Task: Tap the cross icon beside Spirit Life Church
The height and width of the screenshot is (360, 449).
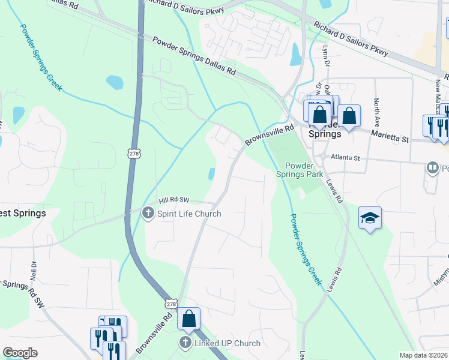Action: point(148,213)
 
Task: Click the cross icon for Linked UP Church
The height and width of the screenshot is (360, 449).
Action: point(185,343)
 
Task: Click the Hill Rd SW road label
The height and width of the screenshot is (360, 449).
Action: point(173,200)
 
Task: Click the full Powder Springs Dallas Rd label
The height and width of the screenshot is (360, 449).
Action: point(193,56)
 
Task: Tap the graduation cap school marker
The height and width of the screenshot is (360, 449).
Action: point(370,218)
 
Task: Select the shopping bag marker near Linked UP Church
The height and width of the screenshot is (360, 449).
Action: point(188,319)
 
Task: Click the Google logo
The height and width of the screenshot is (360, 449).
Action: point(20,353)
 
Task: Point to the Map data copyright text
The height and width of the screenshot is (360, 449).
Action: point(424,355)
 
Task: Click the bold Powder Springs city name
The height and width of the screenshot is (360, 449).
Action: point(324,133)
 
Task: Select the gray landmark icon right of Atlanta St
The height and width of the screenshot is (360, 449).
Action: point(432,167)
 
